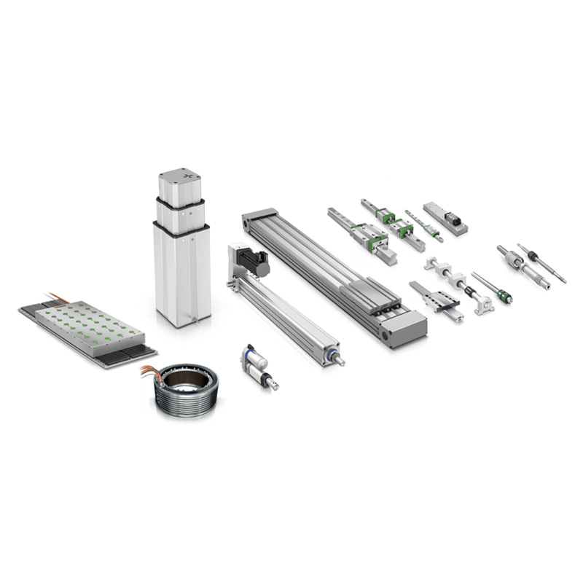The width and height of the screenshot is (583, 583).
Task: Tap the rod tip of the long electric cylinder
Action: coord(340,360)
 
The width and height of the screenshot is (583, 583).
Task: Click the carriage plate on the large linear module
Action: coord(369,296)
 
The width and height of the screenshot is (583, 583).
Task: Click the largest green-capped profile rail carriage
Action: coord(372,238)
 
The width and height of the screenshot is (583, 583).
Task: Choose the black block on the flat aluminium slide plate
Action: coord(452,216)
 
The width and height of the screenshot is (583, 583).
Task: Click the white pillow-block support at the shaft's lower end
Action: coord(482,301)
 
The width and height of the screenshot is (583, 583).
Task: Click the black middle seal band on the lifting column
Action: coord(180,230)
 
